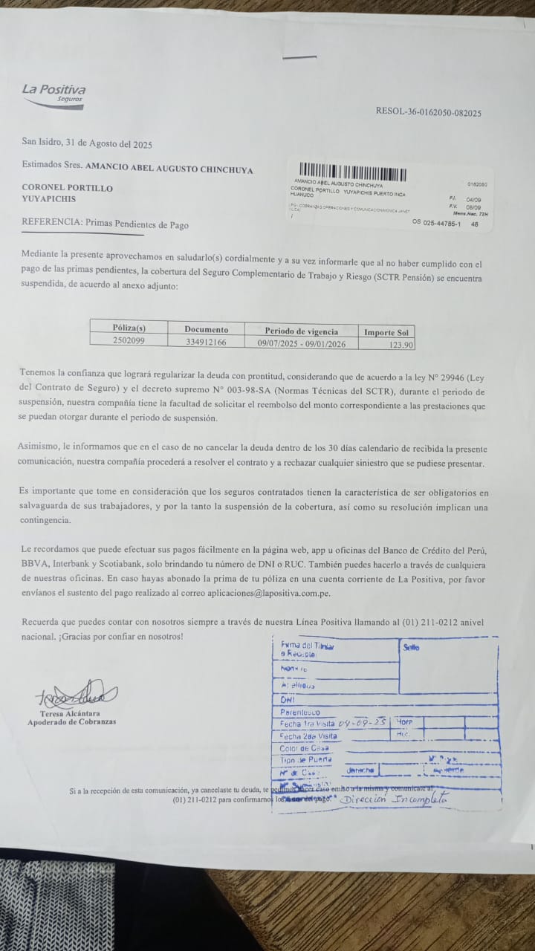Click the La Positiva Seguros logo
pyautogui.click(x=53, y=93)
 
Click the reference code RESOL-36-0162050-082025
pyautogui.click(x=428, y=113)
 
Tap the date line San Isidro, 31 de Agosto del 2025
pyautogui.click(x=87, y=144)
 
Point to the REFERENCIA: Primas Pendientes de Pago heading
pyautogui.click(x=105, y=224)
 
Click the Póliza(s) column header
pyautogui.click(x=129, y=328)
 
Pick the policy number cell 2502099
pyautogui.click(x=129, y=342)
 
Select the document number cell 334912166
pyautogui.click(x=206, y=342)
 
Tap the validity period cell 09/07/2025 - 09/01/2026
pyautogui.click(x=301, y=343)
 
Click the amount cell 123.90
pyautogui.click(x=401, y=345)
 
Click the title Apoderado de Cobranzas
pyautogui.click(x=72, y=722)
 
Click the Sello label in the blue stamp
pyautogui.click(x=411, y=647)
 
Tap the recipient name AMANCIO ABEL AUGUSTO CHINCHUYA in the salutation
pyautogui.click(x=169, y=169)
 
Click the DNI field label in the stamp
pyautogui.click(x=288, y=699)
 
